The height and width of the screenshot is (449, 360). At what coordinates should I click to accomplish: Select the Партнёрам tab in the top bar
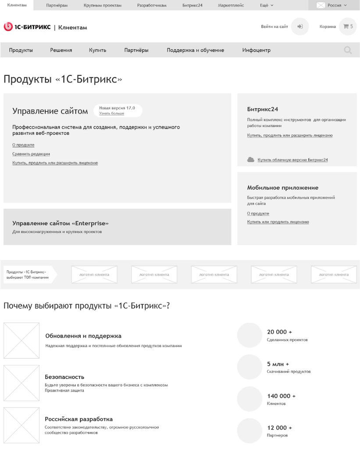coord(57,5)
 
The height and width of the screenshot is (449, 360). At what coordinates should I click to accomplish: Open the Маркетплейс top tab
coord(231,5)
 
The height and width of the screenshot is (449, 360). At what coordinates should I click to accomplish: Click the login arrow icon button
coord(300,27)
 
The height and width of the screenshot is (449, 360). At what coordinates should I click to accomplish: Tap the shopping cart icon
coord(346,27)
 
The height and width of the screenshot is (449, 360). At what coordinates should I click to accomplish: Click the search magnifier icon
coord(348,50)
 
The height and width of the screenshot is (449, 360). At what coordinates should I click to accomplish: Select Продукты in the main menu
coord(21,50)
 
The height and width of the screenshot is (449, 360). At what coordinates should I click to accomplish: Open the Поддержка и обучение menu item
coord(195,50)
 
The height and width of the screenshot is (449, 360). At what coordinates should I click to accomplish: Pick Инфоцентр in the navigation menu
coord(256,50)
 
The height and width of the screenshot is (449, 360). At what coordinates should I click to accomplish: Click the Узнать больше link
coord(111,114)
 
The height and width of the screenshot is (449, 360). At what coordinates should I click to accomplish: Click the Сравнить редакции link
coord(31,154)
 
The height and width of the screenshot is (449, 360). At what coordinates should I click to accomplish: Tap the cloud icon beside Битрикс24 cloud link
coord(251,160)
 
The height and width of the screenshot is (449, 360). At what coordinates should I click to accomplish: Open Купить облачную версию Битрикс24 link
coord(292,160)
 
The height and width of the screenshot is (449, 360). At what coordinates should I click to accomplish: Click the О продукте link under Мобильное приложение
coord(258,214)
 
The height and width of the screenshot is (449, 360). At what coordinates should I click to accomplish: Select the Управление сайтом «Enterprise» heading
coord(61,223)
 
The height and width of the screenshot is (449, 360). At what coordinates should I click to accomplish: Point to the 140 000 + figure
coord(281,396)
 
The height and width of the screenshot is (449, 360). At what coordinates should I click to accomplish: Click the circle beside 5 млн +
coord(250,367)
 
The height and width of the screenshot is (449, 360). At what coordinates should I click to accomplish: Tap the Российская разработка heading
coord(78,419)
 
